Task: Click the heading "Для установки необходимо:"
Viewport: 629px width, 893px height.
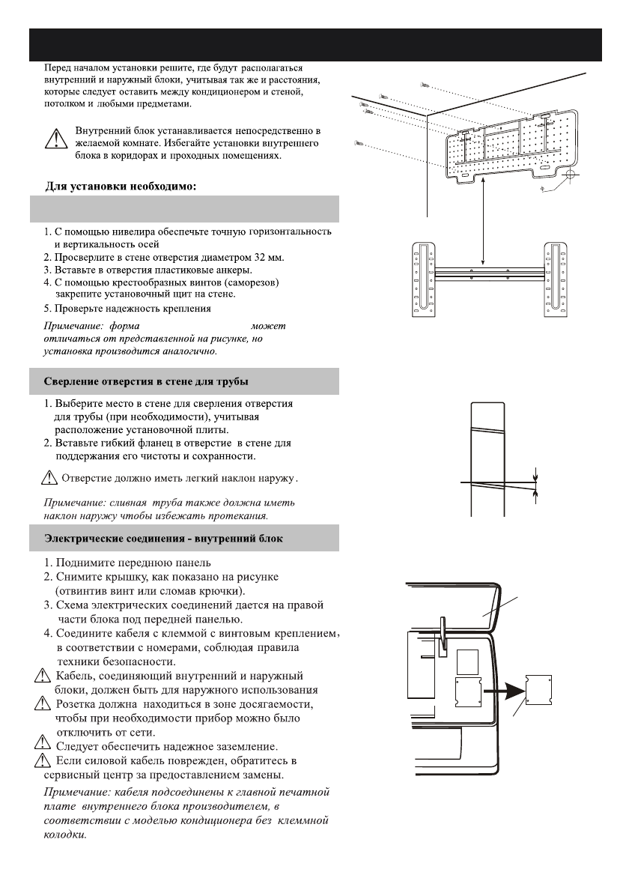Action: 118,187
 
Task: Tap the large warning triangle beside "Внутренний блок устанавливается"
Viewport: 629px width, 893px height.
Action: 54,139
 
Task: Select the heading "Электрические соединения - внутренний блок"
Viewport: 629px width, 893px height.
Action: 164,538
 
